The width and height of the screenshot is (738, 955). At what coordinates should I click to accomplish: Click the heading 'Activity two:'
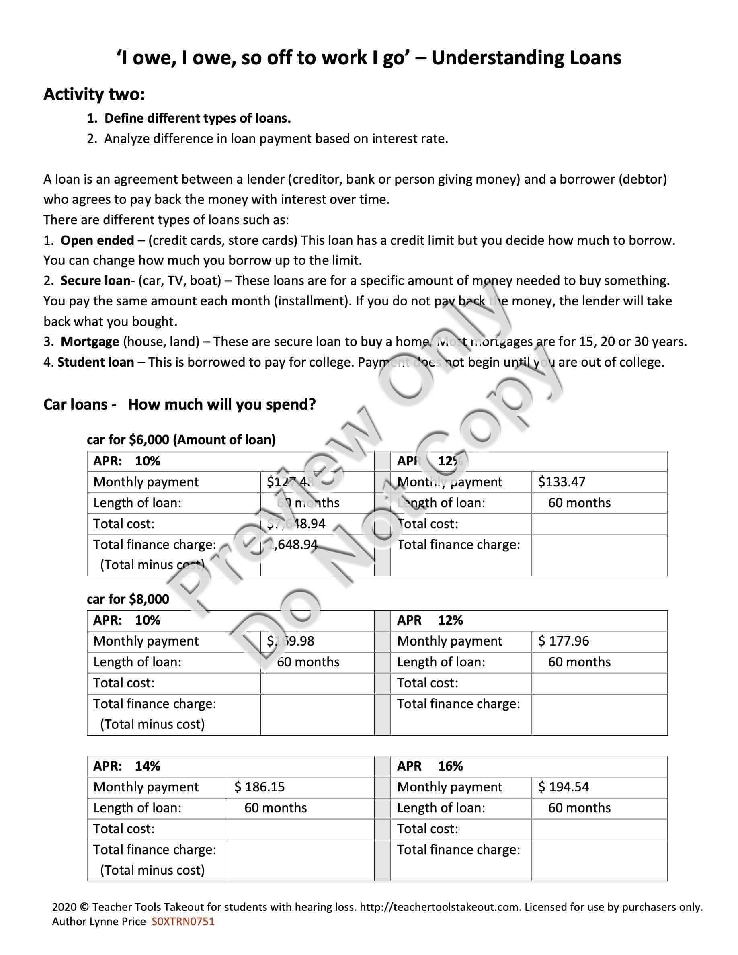pyautogui.click(x=94, y=94)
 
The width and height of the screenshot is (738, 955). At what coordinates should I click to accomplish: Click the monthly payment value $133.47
pyautogui.click(x=562, y=482)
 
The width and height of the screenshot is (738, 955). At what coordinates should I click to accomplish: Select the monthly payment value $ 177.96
pyautogui.click(x=564, y=641)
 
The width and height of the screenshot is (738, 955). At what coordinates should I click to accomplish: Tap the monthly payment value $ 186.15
pyautogui.click(x=259, y=787)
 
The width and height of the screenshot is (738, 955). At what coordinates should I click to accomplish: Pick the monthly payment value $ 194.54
pyautogui.click(x=564, y=787)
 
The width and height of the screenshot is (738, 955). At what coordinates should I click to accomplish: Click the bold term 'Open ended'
pyautogui.click(x=97, y=240)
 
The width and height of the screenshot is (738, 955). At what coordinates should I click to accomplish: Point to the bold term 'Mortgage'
pyautogui.click(x=90, y=342)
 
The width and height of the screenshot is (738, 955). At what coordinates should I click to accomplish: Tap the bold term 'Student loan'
pyautogui.click(x=96, y=362)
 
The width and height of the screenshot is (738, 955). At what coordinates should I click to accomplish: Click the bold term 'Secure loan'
pyautogui.click(x=95, y=281)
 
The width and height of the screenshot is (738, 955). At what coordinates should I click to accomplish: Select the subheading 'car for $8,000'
pyautogui.click(x=128, y=599)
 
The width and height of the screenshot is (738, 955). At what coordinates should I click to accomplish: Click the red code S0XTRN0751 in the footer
pyautogui.click(x=183, y=922)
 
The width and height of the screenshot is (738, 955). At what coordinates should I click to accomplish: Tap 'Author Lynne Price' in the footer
pyautogui.click(x=99, y=922)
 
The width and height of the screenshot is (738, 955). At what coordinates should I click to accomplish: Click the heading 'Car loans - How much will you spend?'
pyautogui.click(x=179, y=404)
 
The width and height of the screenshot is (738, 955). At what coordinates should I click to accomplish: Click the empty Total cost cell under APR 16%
pyautogui.click(x=599, y=829)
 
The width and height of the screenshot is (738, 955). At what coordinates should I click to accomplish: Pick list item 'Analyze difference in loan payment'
pyautogui.click(x=276, y=139)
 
